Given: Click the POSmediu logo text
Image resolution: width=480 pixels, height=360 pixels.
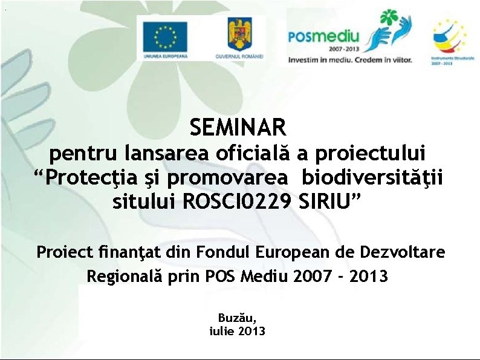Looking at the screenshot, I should click(x=323, y=38).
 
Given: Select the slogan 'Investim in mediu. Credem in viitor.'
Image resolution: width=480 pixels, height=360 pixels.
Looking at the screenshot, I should click(x=349, y=60).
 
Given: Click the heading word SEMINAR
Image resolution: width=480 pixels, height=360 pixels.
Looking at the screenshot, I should click(x=238, y=128).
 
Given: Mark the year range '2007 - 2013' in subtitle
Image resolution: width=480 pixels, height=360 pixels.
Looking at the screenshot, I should click(x=340, y=277).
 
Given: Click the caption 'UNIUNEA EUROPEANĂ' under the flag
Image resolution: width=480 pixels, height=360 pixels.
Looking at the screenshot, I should click(x=165, y=56).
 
